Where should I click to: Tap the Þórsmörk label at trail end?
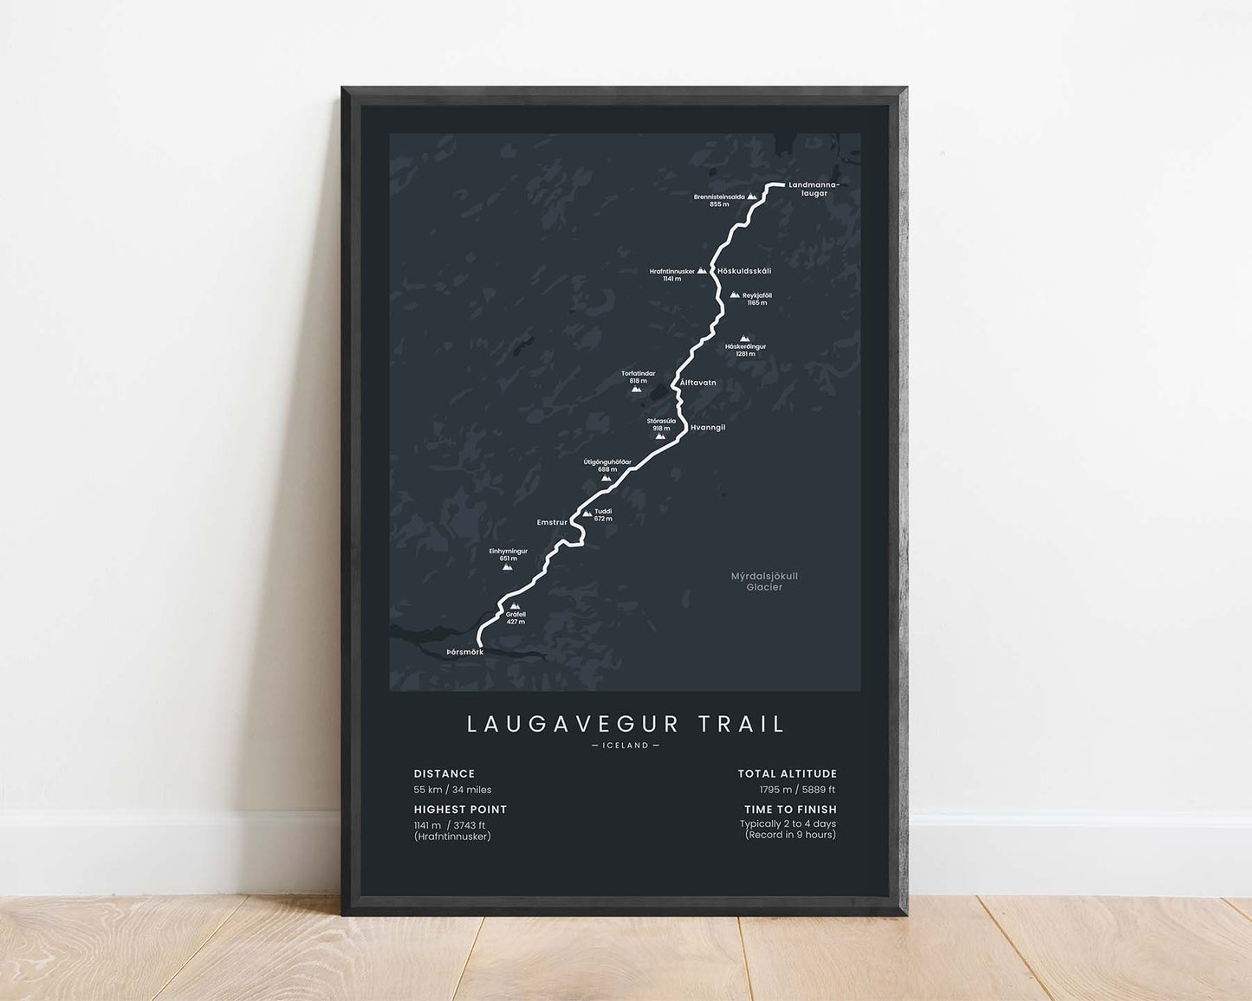464,651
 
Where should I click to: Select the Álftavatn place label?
698,382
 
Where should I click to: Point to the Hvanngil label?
708,428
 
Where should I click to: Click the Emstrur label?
552,522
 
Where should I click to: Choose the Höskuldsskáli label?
744,271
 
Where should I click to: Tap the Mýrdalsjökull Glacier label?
764,581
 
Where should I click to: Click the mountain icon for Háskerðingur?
743,339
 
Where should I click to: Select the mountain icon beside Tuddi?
587,513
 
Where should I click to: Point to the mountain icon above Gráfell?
515,606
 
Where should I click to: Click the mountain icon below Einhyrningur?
508,567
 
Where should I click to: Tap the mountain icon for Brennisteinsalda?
752,197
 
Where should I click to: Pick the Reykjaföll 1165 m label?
756,299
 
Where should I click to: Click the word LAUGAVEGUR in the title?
570,724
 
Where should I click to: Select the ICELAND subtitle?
625,746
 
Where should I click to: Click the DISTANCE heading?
444,773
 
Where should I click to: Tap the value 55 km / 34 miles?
452,790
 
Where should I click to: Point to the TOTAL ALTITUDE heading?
787,773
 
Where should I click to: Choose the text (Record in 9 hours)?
789,835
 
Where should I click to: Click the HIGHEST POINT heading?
460,810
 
